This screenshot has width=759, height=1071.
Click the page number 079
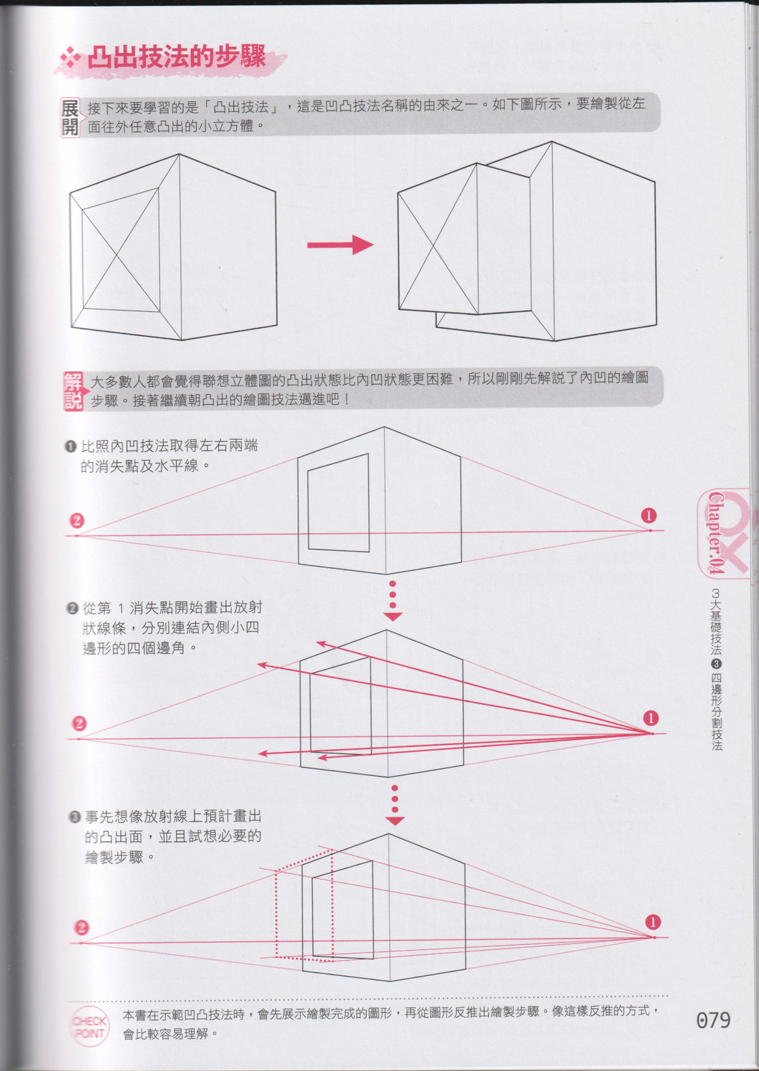pos(713,1020)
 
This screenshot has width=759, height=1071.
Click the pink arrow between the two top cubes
pos(340,245)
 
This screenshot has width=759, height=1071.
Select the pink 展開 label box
pos(70,118)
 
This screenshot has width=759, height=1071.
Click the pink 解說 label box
pos(73,391)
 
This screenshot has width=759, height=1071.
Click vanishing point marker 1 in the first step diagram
pos(648,515)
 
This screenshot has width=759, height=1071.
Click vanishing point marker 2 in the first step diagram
pos(77,520)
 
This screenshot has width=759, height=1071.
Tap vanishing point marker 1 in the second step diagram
pos(651,718)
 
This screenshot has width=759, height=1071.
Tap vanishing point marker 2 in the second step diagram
pos(80,724)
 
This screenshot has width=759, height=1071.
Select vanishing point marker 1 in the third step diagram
pos(652,922)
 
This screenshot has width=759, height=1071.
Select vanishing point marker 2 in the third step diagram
pos(82,928)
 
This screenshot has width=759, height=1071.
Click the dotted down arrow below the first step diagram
pos(393,600)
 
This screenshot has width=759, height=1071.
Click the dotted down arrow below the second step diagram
pos(395,805)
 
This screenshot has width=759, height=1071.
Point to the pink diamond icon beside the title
pos(70,58)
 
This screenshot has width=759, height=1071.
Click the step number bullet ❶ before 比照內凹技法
pos(70,446)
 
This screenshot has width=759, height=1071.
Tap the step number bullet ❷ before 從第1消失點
pos(72,608)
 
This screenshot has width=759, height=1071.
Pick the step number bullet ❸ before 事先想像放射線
pos(74,817)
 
